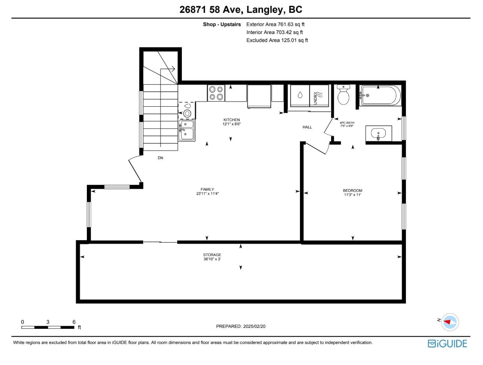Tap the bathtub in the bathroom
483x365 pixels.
[380, 95]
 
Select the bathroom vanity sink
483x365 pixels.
[379, 133]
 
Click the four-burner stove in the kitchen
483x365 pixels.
[216, 93]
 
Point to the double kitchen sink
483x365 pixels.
[186, 130]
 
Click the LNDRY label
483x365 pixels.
[316, 98]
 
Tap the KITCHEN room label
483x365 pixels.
[231, 120]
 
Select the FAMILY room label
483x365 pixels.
[207, 189]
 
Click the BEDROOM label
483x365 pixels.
[353, 191]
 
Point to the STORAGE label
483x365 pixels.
[212, 255]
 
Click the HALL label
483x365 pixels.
[307, 127]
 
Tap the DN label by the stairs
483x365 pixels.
[160, 158]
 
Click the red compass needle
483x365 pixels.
[447, 322]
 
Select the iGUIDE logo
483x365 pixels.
[447, 344]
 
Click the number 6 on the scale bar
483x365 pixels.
[74, 322]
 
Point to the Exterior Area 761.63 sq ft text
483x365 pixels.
[275, 25]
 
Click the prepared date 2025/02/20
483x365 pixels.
[254, 326]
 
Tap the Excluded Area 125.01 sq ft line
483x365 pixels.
[277, 40]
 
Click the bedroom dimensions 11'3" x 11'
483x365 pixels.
[353, 195]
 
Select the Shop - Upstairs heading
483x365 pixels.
[222, 25]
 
